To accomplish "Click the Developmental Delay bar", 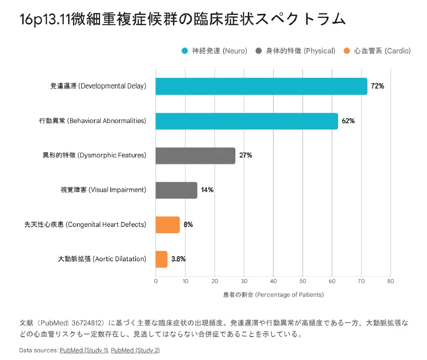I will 261,87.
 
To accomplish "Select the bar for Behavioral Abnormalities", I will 246,121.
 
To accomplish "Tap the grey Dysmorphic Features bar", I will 195,155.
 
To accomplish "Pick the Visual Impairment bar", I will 176,190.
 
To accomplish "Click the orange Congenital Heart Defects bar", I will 167,224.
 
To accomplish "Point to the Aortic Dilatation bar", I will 161,259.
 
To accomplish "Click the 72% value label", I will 378,87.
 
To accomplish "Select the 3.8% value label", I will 178,259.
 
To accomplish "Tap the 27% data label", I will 245,155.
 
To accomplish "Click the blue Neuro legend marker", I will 184,51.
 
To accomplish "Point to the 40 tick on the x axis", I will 273,281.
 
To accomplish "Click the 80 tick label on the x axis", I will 390,281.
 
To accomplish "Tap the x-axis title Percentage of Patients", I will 273,294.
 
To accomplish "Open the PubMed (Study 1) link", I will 84,350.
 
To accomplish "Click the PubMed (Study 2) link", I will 135,350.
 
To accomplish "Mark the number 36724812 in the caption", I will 86,323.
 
